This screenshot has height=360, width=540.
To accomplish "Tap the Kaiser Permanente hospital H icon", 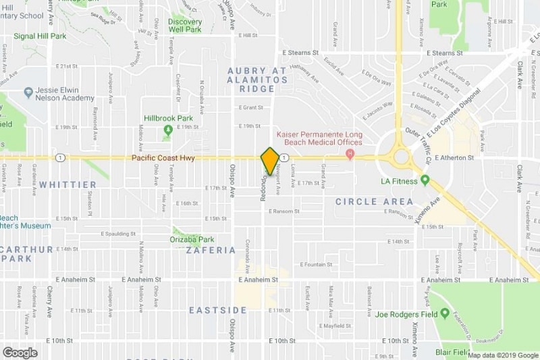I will pos(350,155).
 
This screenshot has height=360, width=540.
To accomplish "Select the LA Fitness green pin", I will pos(425,180).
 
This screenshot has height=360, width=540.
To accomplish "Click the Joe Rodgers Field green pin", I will pos(445,314).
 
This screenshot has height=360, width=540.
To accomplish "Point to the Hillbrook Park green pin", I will pos(167,130).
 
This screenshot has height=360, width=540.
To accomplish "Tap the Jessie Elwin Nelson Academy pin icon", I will pos(28,93).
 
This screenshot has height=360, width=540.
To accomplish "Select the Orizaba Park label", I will pos(192,239).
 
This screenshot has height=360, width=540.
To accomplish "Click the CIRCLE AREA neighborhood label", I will pos(374,201).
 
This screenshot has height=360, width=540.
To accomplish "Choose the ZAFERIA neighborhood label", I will pos(210,250).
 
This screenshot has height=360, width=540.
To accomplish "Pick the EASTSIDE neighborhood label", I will pos(217,310).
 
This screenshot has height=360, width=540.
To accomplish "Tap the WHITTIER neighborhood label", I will pos(67,184).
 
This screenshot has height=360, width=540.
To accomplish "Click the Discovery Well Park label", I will pos(185,25).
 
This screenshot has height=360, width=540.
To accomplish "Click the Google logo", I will pos(20,352).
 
